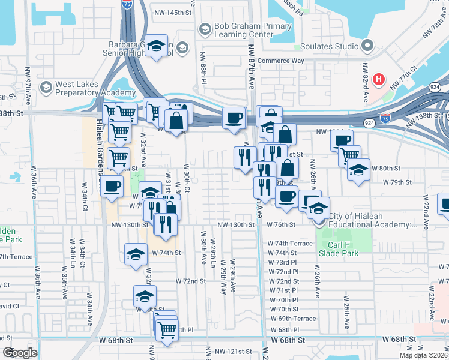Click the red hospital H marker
coord(379,79)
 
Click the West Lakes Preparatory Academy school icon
coord(46,88)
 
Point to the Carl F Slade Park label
coord(343,249)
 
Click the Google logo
coord(20,353)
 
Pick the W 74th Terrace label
coord(291,244)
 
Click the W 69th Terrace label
coord(293,319)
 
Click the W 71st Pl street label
coord(284,290)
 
